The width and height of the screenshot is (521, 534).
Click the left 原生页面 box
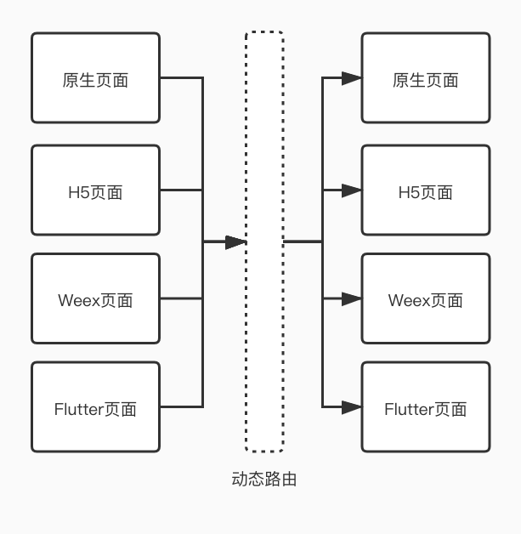pyautogui.click(x=95, y=78)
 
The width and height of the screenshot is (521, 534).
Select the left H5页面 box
pyautogui.click(x=95, y=190)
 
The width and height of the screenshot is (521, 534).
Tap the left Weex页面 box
pyautogui.click(x=95, y=298)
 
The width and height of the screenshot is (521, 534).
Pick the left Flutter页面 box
pyautogui.click(x=95, y=407)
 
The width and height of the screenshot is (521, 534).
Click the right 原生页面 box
pyautogui.click(x=425, y=78)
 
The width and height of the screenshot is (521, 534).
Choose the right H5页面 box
pyautogui.click(x=425, y=190)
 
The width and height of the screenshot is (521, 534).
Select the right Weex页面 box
pyautogui.click(x=425, y=298)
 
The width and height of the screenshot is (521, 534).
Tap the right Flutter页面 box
pyautogui.click(x=425, y=407)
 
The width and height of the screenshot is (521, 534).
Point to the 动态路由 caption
pyautogui.click(x=264, y=480)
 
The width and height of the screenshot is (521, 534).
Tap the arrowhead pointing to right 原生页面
pyautogui.click(x=352, y=78)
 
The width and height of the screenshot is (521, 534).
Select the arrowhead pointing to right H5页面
pyautogui.click(x=352, y=190)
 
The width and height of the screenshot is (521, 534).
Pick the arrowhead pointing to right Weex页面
pyautogui.click(x=352, y=298)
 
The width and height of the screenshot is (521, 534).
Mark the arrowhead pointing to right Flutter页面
pyautogui.click(x=352, y=407)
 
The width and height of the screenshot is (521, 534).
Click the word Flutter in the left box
pyautogui.click(x=78, y=409)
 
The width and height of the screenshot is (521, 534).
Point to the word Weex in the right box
pyautogui.click(x=409, y=300)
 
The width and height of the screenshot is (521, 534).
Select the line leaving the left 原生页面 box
pyautogui.click(x=181, y=78)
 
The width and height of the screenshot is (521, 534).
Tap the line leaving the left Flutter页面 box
pyautogui.click(x=181, y=407)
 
